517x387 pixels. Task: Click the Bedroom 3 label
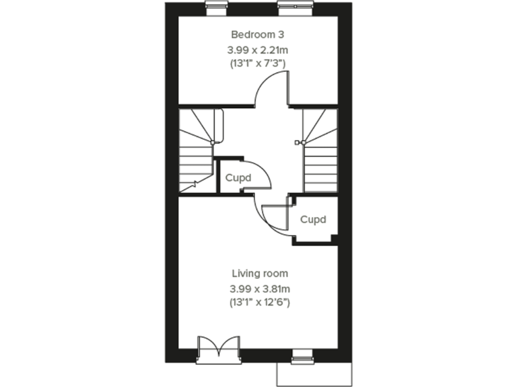(x=259, y=34)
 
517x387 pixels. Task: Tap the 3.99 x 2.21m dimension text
(x=259, y=50)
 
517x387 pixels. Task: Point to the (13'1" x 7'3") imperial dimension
(x=259, y=64)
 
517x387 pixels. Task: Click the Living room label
(x=259, y=273)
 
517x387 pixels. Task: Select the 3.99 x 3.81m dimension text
(x=259, y=289)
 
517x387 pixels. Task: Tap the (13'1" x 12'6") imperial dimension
(x=259, y=302)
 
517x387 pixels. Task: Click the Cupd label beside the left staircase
(x=238, y=178)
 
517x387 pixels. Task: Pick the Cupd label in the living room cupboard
(x=313, y=220)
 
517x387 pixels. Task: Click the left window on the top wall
(x=216, y=7)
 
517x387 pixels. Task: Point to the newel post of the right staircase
(x=300, y=142)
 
